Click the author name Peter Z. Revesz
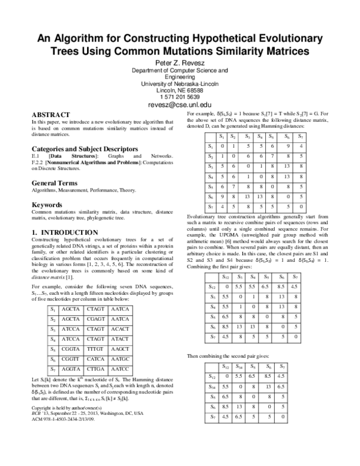coord(180,62)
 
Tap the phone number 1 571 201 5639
coord(180,96)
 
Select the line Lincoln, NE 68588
coord(180,89)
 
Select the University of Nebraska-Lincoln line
coord(180,83)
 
